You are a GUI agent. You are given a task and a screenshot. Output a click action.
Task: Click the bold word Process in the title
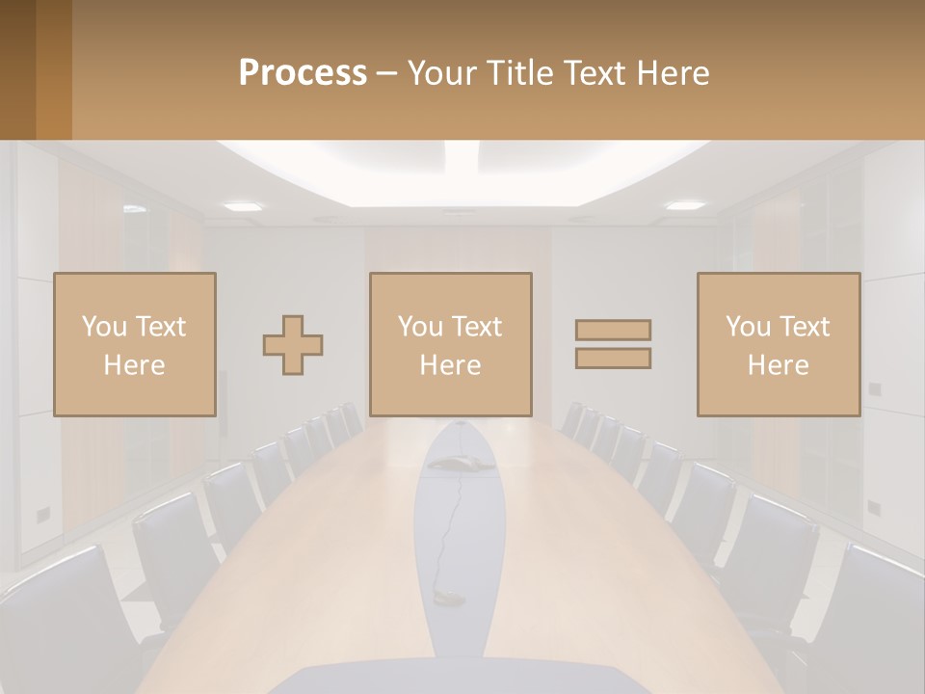point(303,73)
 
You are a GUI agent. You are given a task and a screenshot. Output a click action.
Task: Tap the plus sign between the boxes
point(293,345)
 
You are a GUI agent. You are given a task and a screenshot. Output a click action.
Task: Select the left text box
point(135,345)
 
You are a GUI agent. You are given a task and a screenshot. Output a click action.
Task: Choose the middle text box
point(451,345)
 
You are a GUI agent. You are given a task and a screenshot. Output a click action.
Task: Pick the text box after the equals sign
point(779,345)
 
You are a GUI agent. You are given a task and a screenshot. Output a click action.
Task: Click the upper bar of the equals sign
point(613,331)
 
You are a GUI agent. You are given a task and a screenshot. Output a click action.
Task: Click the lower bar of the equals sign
point(613,359)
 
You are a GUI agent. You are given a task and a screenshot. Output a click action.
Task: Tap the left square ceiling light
point(243,206)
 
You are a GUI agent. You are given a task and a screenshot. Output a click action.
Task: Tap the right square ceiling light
point(685,205)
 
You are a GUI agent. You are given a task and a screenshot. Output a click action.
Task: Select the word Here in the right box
point(779,365)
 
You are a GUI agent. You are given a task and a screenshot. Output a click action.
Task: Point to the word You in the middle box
point(420,327)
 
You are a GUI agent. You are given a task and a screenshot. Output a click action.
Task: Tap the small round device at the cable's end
point(448,597)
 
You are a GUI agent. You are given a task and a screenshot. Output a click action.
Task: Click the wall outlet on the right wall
point(874,507)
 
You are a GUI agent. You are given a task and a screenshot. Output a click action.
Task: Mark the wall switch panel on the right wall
point(874,389)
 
